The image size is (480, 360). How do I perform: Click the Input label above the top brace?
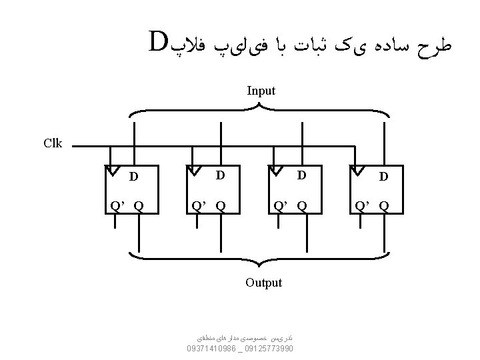coord(261,91)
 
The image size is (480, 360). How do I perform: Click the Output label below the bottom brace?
coord(263,283)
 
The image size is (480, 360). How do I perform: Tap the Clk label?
coord(52,143)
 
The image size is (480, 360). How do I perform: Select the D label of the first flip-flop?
coord(133,177)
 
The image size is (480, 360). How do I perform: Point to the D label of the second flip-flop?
coord(219,175)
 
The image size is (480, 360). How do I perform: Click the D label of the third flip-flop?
coord(301,175)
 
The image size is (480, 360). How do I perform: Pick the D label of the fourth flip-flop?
coord(383,177)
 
